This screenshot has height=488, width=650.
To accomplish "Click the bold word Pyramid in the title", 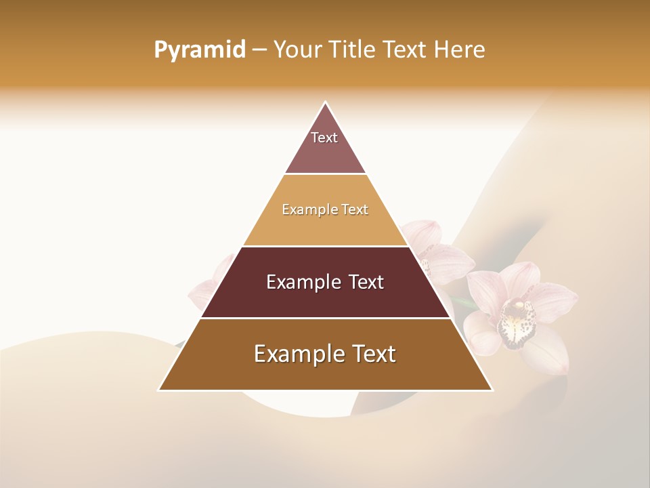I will click(x=199, y=50).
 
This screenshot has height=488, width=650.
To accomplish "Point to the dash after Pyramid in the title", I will click(x=259, y=50).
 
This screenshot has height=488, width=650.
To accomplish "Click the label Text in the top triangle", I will click(x=324, y=138).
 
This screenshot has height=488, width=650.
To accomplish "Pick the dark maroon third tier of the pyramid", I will click(x=325, y=298).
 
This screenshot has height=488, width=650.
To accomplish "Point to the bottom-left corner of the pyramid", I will click(x=160, y=389).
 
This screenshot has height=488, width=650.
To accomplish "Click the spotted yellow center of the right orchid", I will click(x=517, y=319).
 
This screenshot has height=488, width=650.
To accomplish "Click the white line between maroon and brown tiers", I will click(x=325, y=318).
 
